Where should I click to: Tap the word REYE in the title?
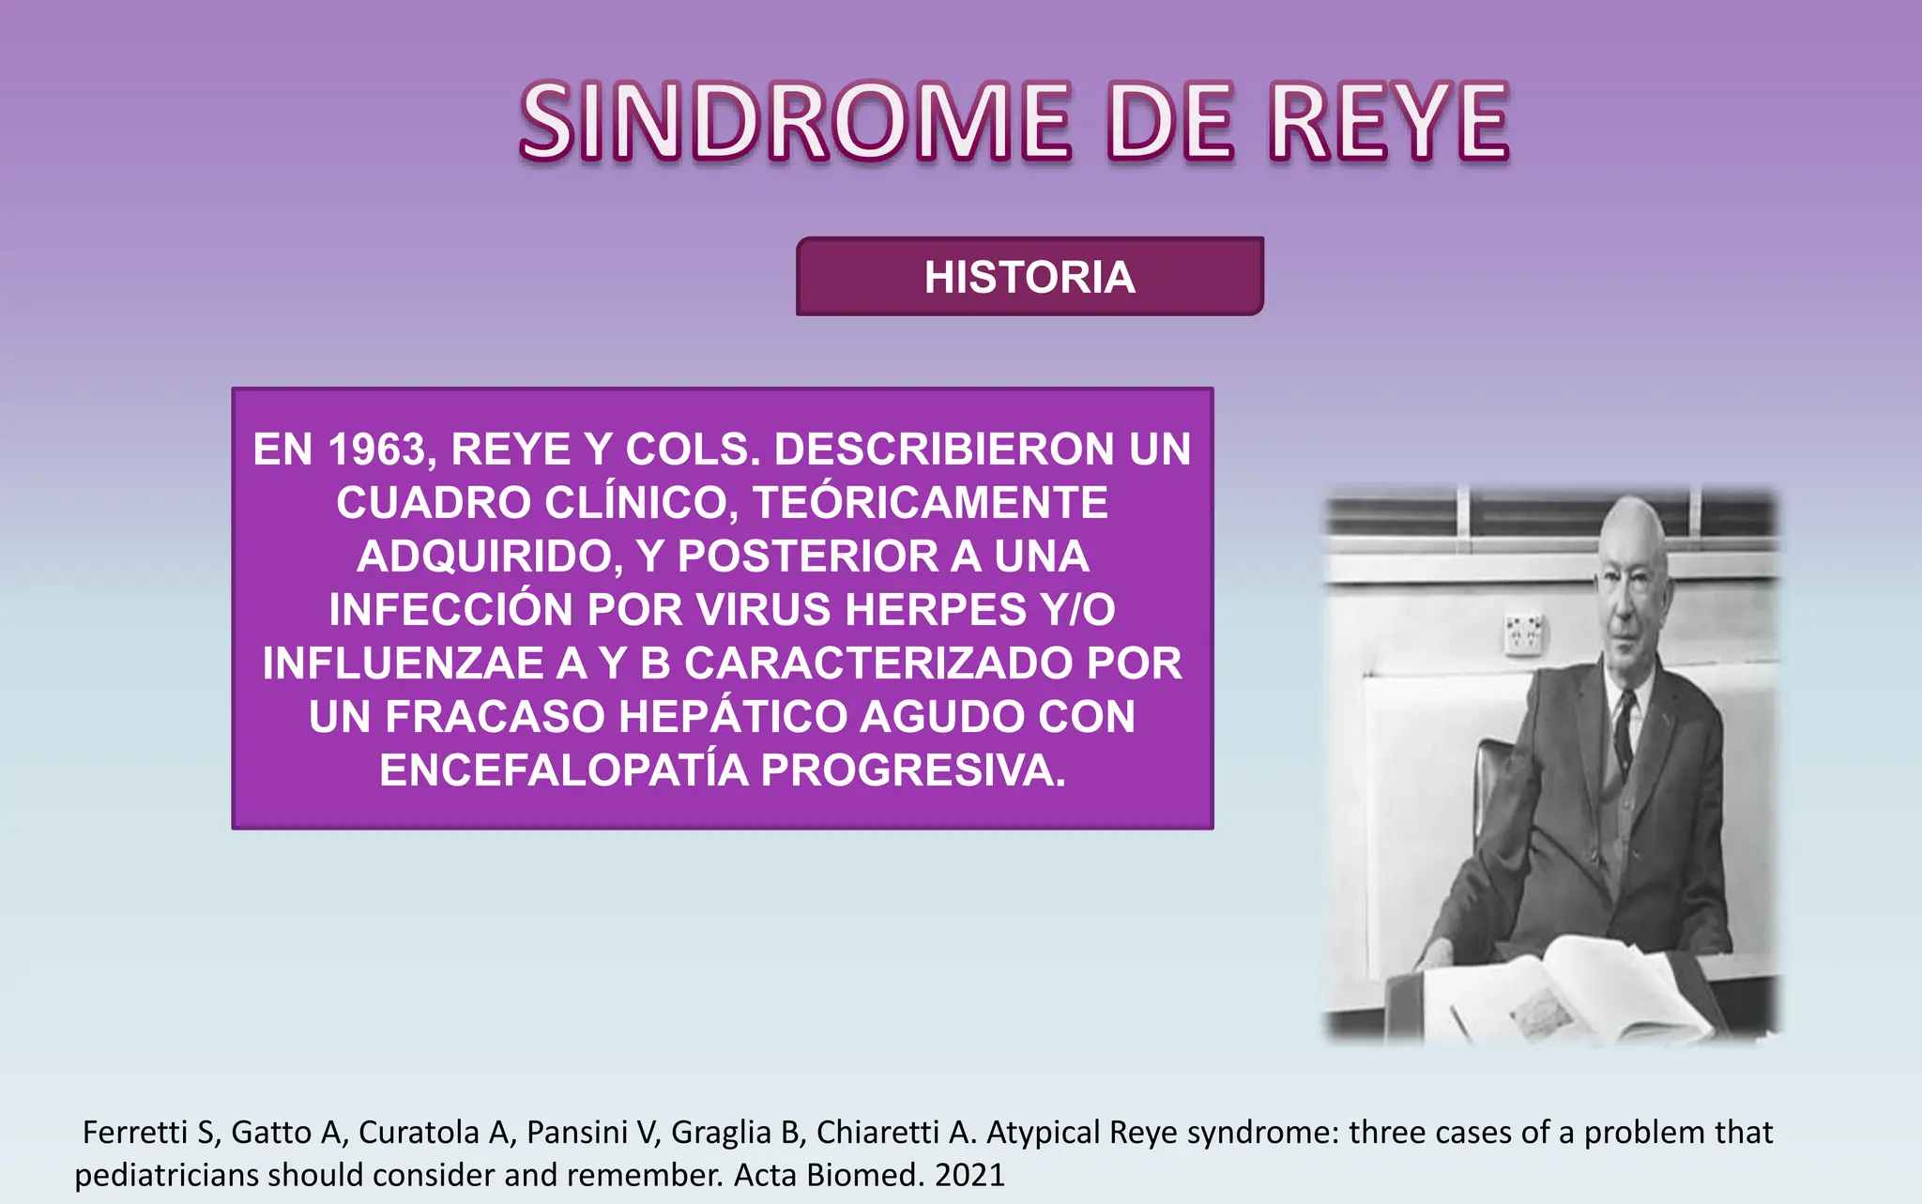(x=1389, y=122)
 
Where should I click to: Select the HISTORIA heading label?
(x=1030, y=277)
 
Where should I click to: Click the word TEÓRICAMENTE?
(x=930, y=503)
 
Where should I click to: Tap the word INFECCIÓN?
(x=450, y=610)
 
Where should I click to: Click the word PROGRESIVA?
(x=912, y=770)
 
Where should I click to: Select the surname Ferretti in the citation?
(x=135, y=1133)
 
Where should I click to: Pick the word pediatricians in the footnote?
(x=167, y=1175)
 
